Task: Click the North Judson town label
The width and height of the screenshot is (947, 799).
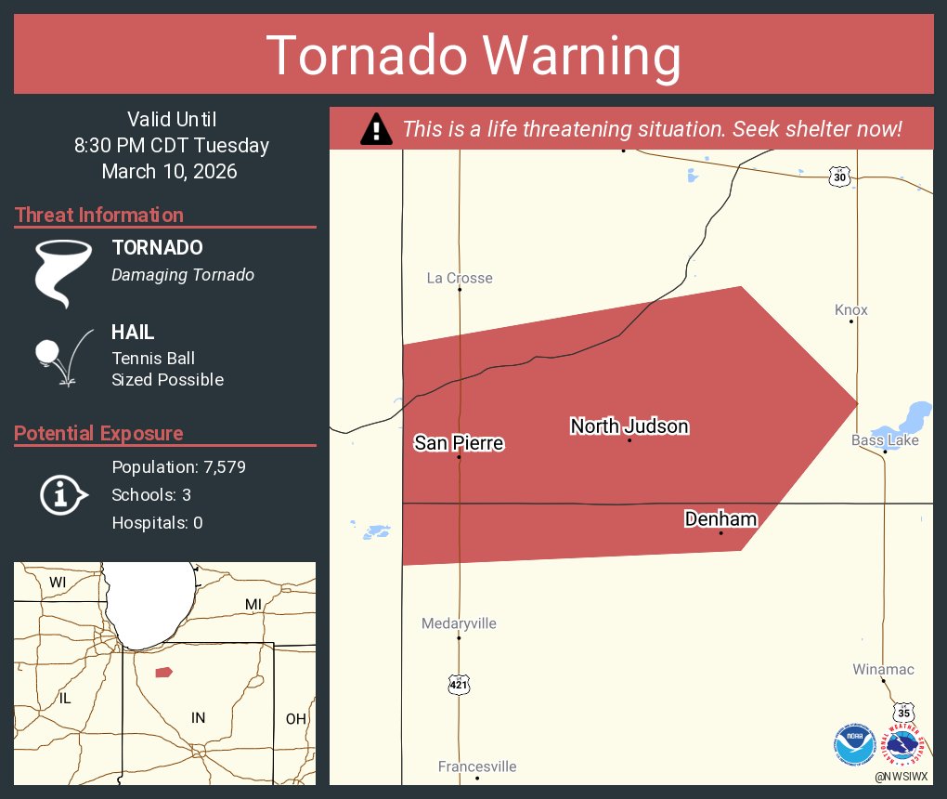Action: (x=629, y=426)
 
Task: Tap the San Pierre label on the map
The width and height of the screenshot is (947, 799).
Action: (x=459, y=443)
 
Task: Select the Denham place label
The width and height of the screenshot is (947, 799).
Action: (x=720, y=519)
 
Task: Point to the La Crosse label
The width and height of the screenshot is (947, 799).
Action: (x=460, y=278)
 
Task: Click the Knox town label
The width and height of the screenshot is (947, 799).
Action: (x=850, y=310)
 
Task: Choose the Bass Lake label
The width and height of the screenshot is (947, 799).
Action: (x=885, y=439)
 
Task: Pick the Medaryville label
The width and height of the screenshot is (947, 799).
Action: (x=459, y=623)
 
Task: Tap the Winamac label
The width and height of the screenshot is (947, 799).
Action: (x=883, y=669)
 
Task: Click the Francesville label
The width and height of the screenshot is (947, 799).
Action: (x=477, y=766)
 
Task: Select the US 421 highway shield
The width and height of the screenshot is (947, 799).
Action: (x=459, y=685)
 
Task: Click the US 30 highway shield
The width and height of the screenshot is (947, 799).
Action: (x=839, y=177)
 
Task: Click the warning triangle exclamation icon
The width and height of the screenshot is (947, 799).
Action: (x=375, y=129)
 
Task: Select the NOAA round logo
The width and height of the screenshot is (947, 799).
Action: (x=854, y=743)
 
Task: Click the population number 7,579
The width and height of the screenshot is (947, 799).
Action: (x=223, y=467)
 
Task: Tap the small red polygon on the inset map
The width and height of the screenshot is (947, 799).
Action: (x=163, y=672)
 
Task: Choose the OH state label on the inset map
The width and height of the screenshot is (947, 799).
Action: (x=295, y=718)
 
